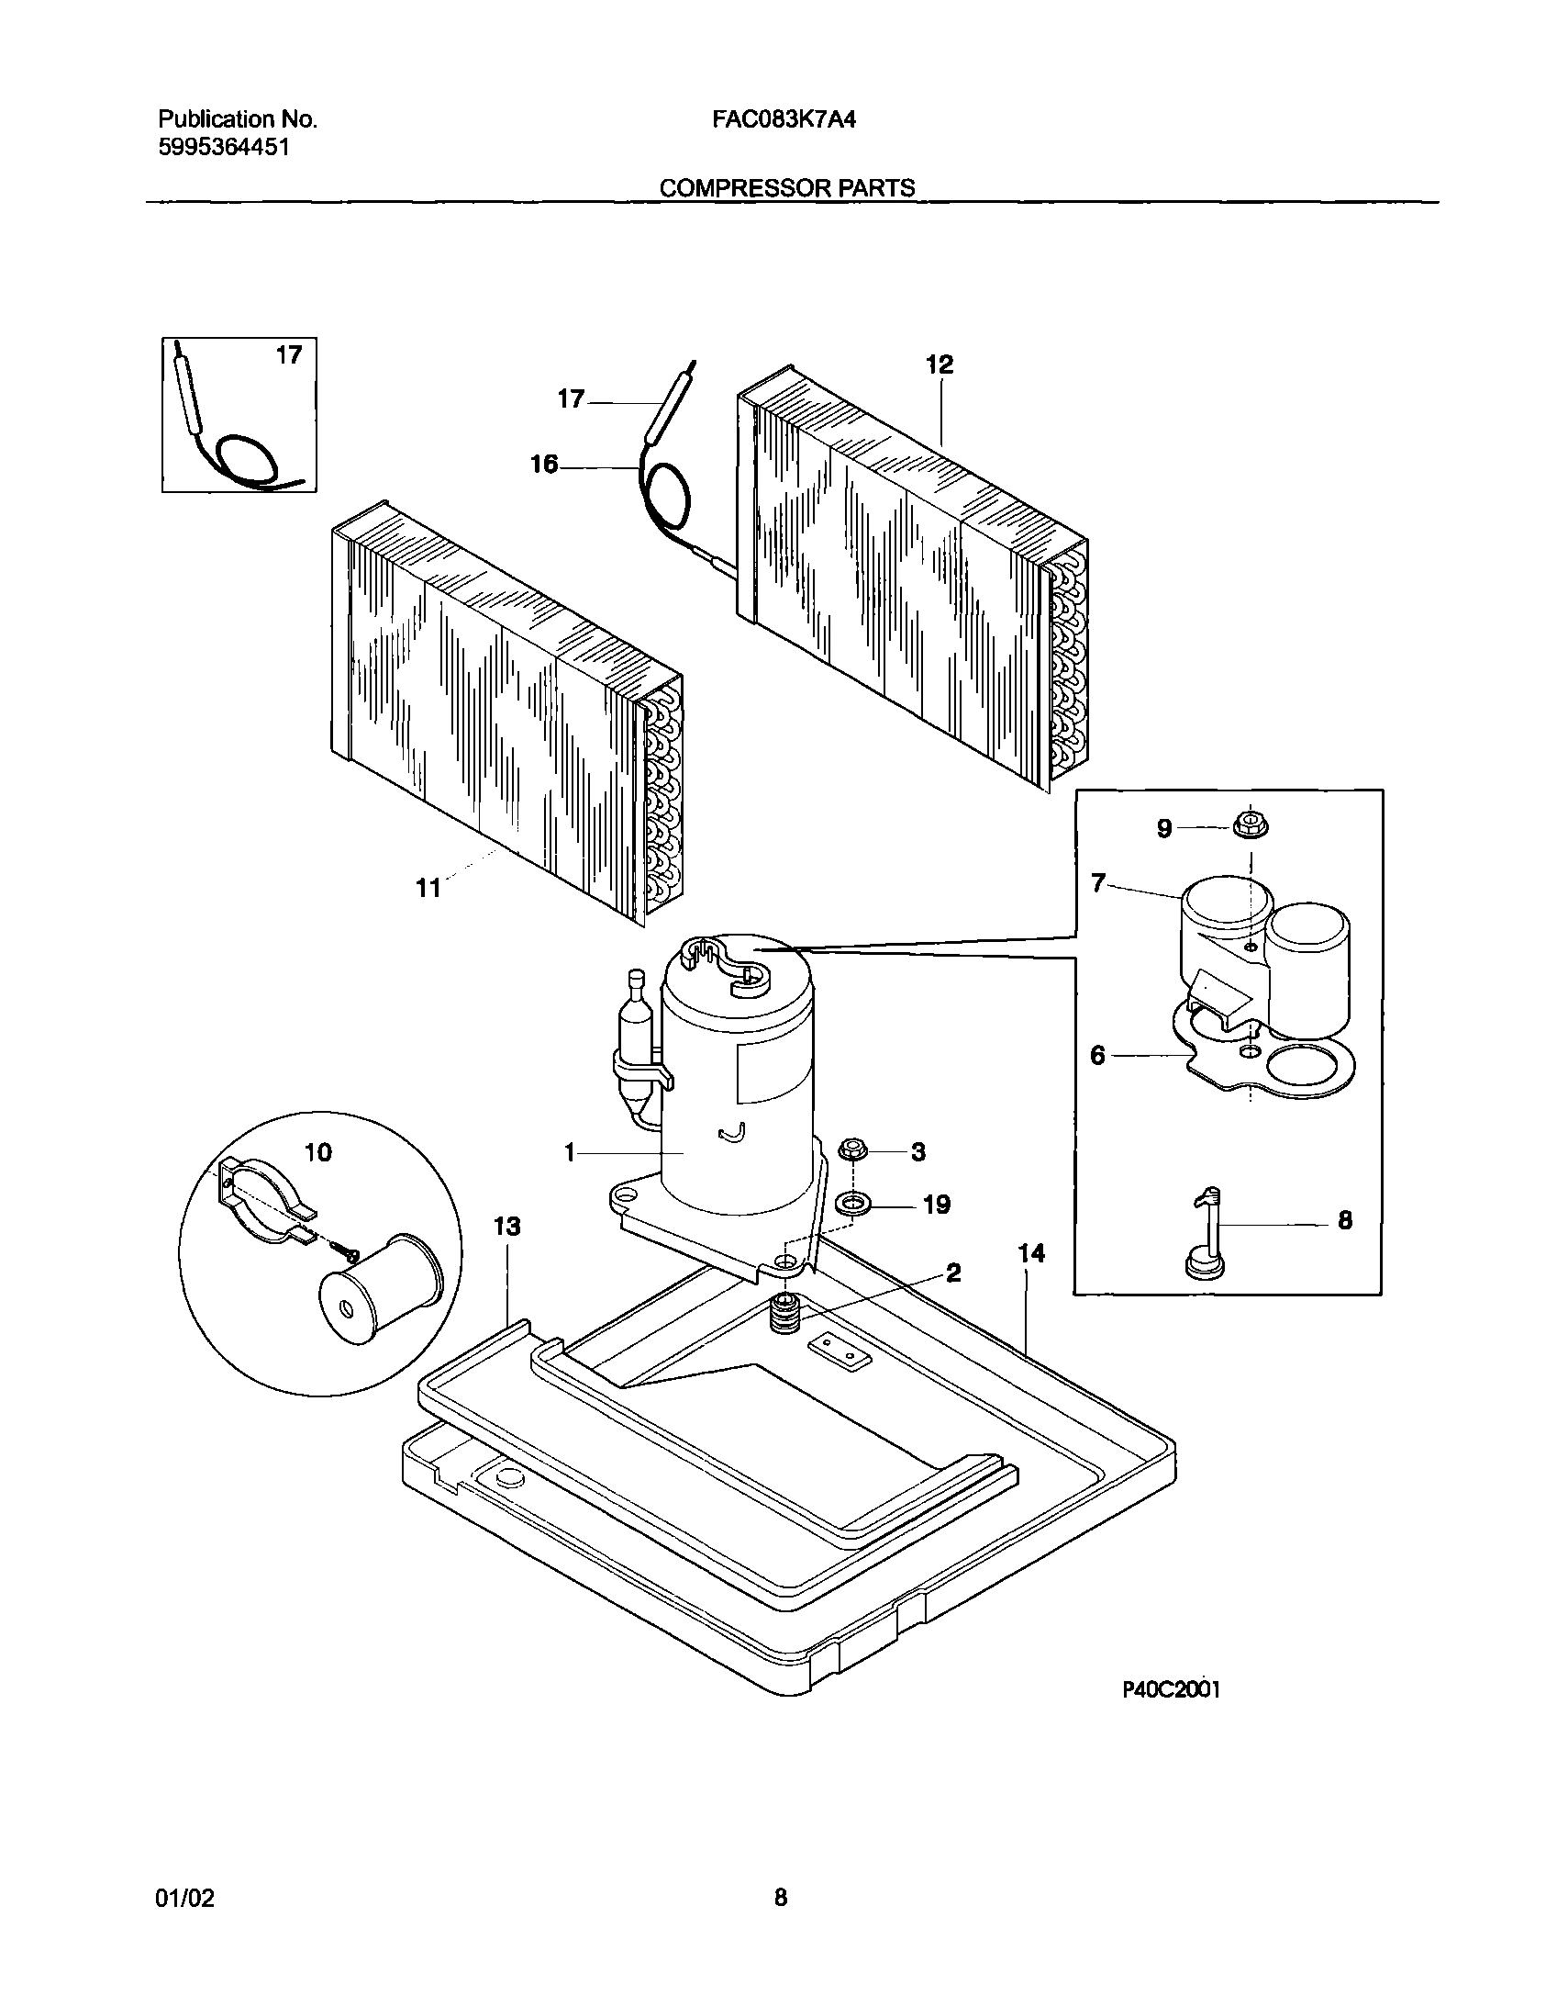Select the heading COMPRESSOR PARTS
(x=787, y=188)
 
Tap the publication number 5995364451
(x=224, y=147)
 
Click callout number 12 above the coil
(x=940, y=364)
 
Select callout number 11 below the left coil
(x=429, y=889)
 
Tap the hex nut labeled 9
(x=1251, y=826)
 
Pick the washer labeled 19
(x=853, y=1202)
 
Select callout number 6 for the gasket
(x=1097, y=1055)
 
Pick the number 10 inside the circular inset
(x=317, y=1152)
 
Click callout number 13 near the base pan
(x=507, y=1227)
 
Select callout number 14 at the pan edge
(x=1031, y=1253)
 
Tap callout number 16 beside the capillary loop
(x=544, y=465)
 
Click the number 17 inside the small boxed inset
(x=288, y=355)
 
